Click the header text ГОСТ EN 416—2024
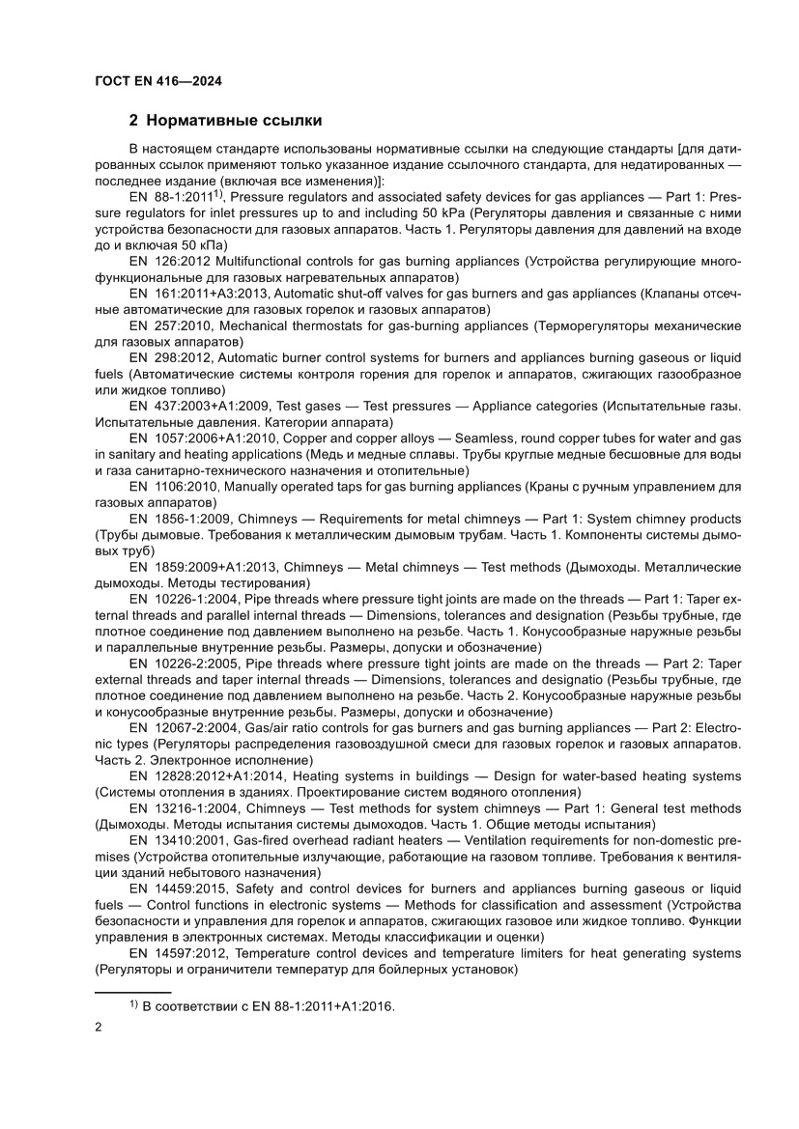pyautogui.click(x=158, y=82)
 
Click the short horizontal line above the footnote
pyautogui.click(x=132, y=992)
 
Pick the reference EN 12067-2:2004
pyautogui.click(x=184, y=727)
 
